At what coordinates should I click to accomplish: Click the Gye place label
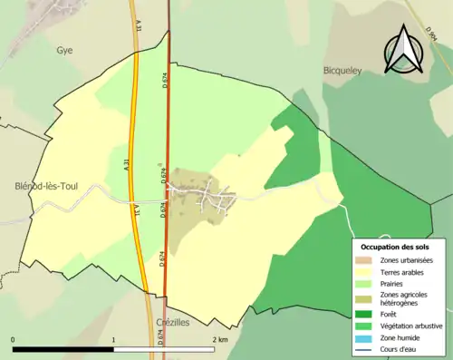tap(63, 51)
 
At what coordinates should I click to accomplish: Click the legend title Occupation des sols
tap(395, 247)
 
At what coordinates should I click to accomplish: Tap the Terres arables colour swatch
tap(366, 272)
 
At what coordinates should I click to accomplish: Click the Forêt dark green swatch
tap(366, 314)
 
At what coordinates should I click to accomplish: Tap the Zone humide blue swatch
tap(366, 336)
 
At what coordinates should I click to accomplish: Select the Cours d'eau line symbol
tap(366, 347)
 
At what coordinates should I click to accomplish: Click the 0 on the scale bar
tap(14, 340)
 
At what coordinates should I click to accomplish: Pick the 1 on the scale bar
tap(113, 340)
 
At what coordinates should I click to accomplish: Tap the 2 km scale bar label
tap(218, 340)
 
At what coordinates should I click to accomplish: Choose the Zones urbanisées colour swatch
tap(366, 261)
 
